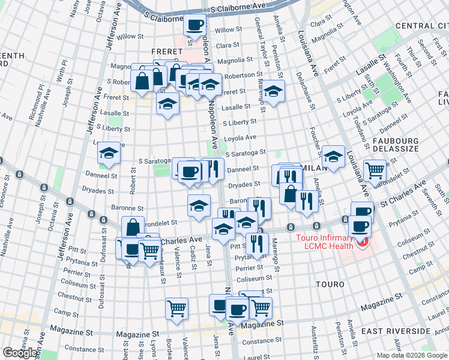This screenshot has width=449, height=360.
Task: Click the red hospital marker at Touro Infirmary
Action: click(x=361, y=243)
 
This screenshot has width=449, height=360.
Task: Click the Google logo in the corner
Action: click(x=20, y=353)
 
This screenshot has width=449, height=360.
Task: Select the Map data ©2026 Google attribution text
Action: click(x=412, y=355)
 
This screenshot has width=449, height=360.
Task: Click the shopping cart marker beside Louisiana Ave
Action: click(x=375, y=170)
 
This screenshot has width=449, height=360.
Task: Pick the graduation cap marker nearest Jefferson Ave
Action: click(x=109, y=154)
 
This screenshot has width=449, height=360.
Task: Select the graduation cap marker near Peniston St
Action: click(x=273, y=92)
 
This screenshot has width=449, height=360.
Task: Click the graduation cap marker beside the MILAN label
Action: click(x=333, y=157)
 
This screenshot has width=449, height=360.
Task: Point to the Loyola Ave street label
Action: click(x=240, y=137)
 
